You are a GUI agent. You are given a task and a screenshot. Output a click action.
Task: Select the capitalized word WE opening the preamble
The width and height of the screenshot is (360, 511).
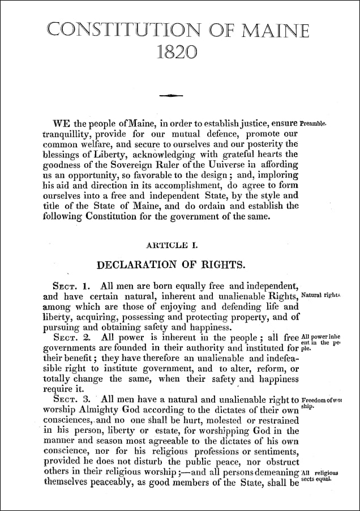61,124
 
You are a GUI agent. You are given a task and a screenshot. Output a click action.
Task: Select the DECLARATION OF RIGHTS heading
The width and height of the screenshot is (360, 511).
172,264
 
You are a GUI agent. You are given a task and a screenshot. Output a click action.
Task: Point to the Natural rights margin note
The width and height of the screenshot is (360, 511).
321,296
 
